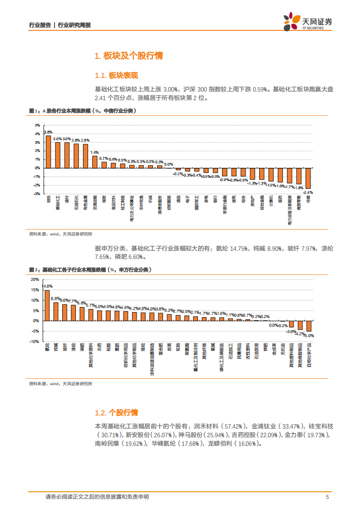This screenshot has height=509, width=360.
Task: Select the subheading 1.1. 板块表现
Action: coord(116,75)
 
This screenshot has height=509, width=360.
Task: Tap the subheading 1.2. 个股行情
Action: coord(116,412)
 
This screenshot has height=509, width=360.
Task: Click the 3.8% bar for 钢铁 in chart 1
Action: coord(48,152)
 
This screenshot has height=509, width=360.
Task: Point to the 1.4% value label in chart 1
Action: coord(94,152)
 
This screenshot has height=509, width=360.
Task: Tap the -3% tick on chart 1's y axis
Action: coord(37,194)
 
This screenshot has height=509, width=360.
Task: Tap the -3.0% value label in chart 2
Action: coord(291,331)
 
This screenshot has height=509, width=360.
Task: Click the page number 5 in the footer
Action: coord(327,497)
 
